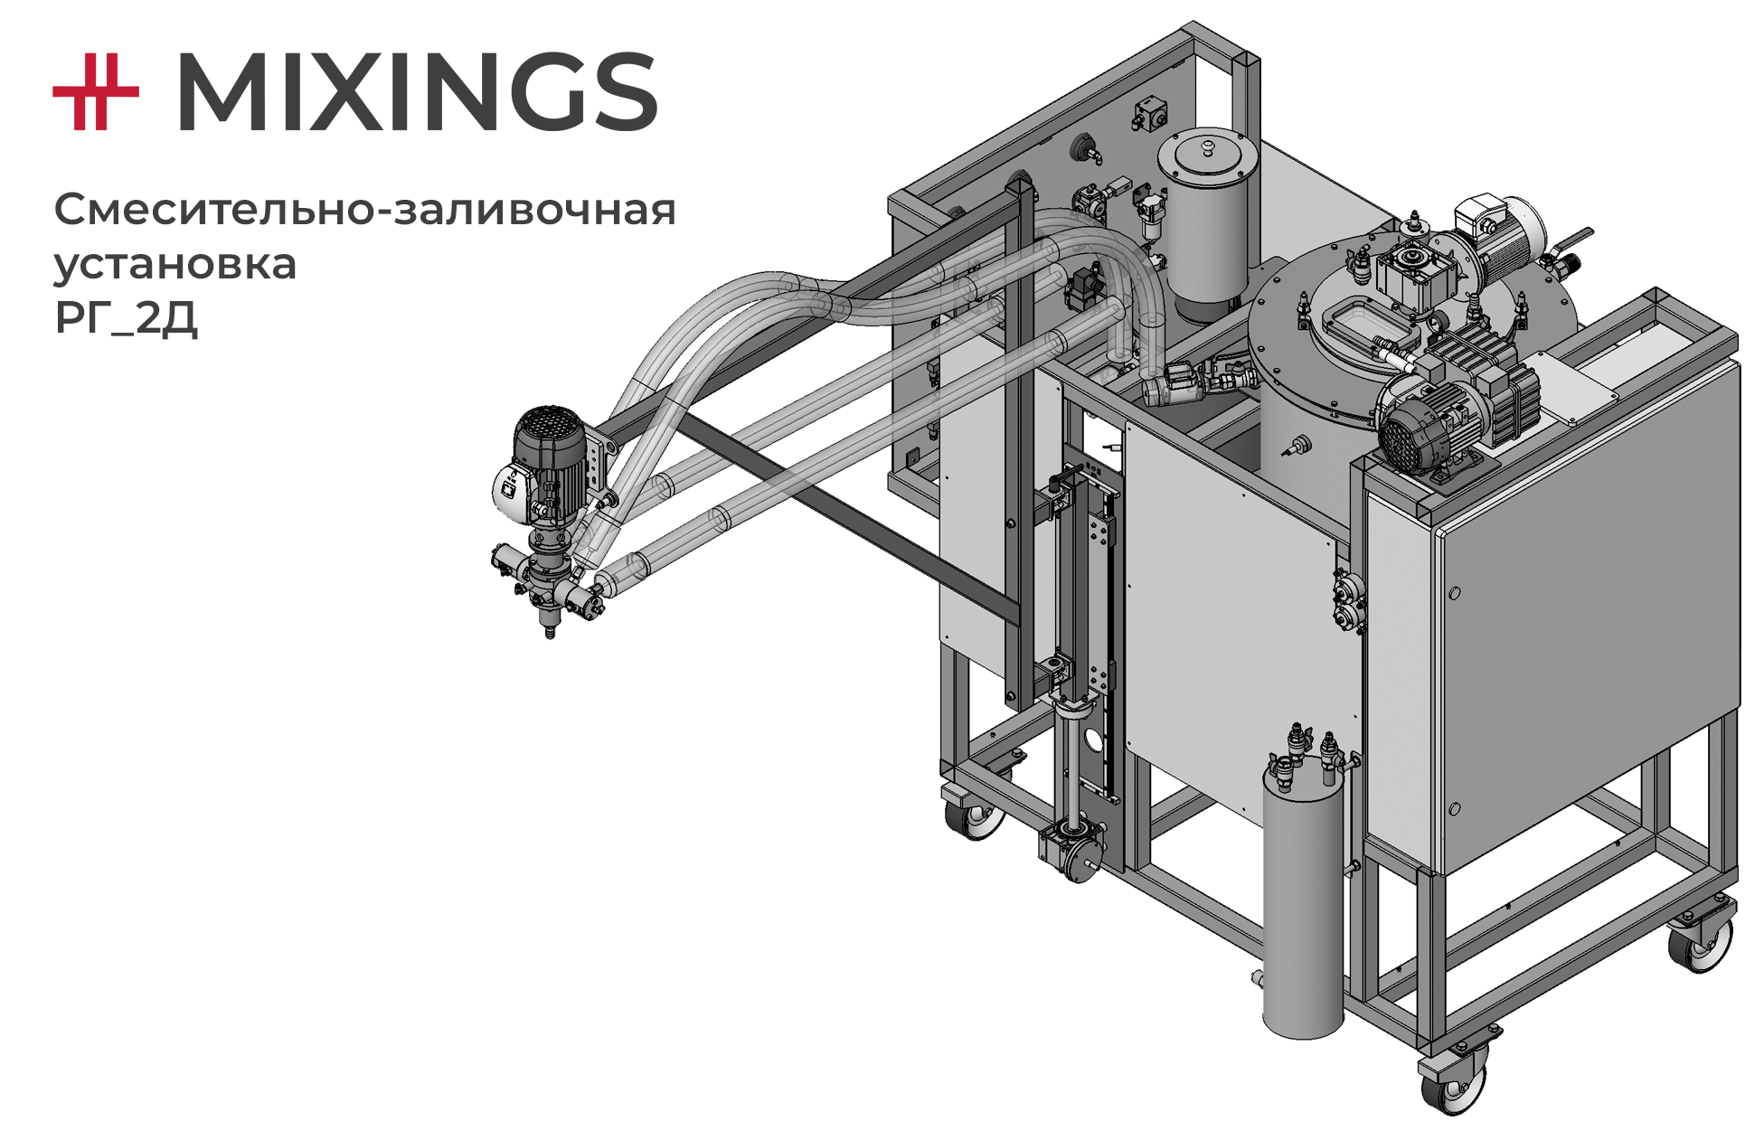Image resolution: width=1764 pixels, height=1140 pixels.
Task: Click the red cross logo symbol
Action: click(96, 91)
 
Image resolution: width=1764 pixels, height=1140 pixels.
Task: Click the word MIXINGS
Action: click(417, 91)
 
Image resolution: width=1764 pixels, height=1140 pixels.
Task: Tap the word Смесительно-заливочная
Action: click(365, 210)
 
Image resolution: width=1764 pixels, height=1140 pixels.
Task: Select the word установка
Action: click(175, 264)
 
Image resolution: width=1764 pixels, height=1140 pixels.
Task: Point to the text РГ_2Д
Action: click(126, 316)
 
